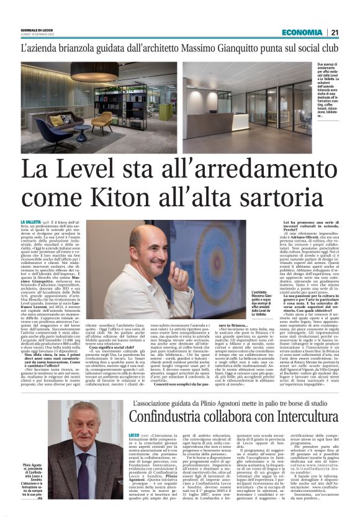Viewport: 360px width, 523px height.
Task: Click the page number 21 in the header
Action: coord(334,32)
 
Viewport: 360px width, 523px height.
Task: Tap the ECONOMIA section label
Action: coord(302,32)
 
